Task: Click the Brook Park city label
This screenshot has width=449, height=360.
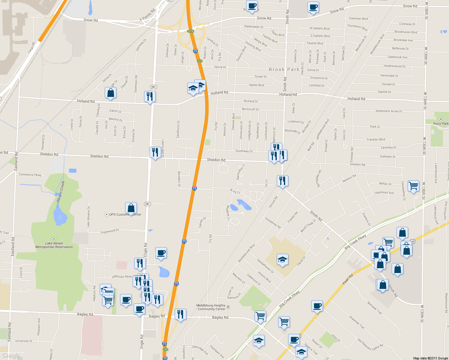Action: coord(284,69)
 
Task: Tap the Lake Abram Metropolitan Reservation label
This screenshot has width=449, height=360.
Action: coord(54,245)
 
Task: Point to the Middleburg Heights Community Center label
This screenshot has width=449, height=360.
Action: coord(211,307)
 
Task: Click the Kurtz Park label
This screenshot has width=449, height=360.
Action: coord(441,123)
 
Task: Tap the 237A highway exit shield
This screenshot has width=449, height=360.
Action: coord(190,31)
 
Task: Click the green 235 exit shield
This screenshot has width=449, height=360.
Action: coord(165,349)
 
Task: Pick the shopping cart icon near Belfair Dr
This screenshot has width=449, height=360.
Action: coord(413,186)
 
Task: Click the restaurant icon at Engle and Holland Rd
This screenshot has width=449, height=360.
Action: coord(150,96)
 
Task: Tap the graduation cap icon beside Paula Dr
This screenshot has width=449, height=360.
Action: coord(282,259)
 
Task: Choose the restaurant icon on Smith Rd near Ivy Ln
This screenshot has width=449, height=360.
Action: coord(282,181)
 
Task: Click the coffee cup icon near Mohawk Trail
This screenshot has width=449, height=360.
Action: coord(317,306)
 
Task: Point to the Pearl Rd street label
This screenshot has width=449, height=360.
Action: coord(348,279)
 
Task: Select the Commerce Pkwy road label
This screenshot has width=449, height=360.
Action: coord(30,175)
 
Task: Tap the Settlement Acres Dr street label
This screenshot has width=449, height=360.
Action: coord(389,111)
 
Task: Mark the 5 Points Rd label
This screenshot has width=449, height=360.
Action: coord(147,15)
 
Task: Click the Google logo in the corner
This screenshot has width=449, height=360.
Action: coord(11,355)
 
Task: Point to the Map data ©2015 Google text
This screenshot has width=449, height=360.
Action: coord(430,358)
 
